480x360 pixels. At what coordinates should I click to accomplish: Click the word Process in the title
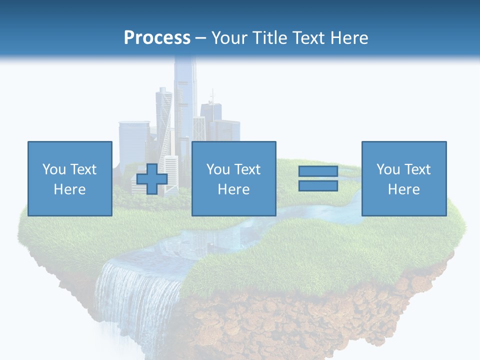[x=157, y=37]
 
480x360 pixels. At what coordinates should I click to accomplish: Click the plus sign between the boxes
[x=152, y=179]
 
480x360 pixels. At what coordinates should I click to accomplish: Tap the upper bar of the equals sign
[x=318, y=171]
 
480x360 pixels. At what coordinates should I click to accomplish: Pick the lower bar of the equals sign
[x=318, y=185]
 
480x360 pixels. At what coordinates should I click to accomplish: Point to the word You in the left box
[x=54, y=169]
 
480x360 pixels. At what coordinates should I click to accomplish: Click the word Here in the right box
[x=404, y=189]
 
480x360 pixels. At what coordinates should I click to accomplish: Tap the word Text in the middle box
[x=247, y=169]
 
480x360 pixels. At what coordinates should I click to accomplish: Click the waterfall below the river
[x=135, y=295]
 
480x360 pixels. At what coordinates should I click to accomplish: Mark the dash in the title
[x=201, y=38]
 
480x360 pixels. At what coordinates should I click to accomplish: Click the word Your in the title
[x=229, y=37]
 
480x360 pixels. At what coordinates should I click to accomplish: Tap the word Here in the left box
[x=70, y=189]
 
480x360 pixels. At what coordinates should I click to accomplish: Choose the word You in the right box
[x=388, y=169]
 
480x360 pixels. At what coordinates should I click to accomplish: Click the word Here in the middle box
[x=233, y=189]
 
